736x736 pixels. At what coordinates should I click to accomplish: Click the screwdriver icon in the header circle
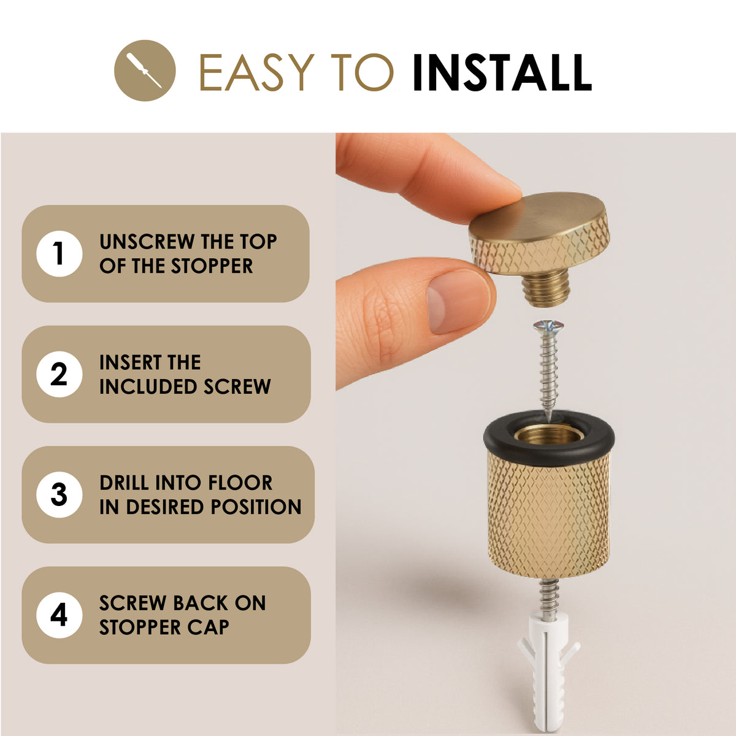[x=144, y=71]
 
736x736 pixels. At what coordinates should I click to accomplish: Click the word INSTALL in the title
[x=503, y=72]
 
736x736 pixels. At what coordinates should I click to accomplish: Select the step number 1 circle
[x=59, y=253]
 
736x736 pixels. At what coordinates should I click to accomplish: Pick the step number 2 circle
[x=59, y=374]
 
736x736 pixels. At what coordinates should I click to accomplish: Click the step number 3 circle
[x=59, y=494]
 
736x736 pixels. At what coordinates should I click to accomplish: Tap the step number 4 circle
[x=59, y=615]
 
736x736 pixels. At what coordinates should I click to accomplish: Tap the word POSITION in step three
[x=256, y=507]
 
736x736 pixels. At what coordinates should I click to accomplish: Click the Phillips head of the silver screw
[x=548, y=326]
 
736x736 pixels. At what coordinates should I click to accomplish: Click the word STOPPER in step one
[x=212, y=266]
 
